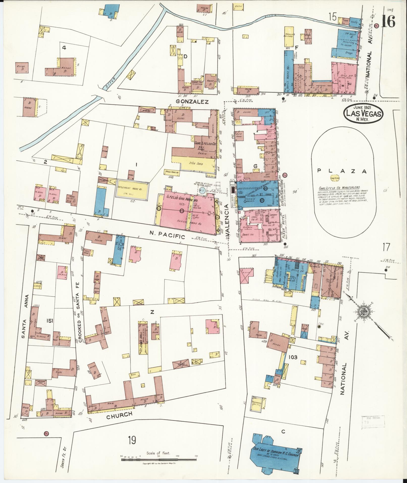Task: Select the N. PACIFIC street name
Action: pos(171,236)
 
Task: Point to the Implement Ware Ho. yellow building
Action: pos(132,189)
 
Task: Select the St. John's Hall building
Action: pos(143,338)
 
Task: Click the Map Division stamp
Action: pos(373,424)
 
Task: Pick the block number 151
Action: pos(49,320)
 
